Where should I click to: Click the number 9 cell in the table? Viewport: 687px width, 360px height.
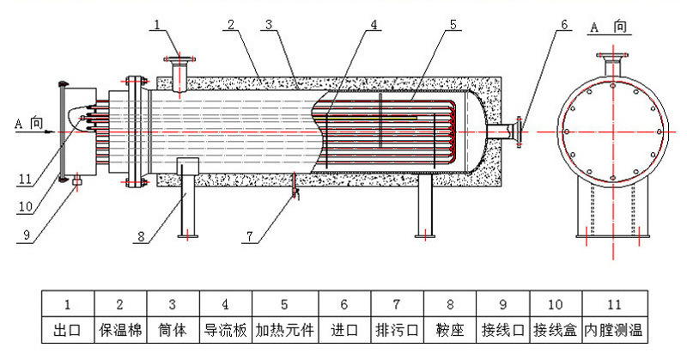click(x=502, y=304)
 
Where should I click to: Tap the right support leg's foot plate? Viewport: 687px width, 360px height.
click(x=424, y=235)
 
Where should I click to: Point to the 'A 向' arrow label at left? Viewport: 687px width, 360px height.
click(x=29, y=123)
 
